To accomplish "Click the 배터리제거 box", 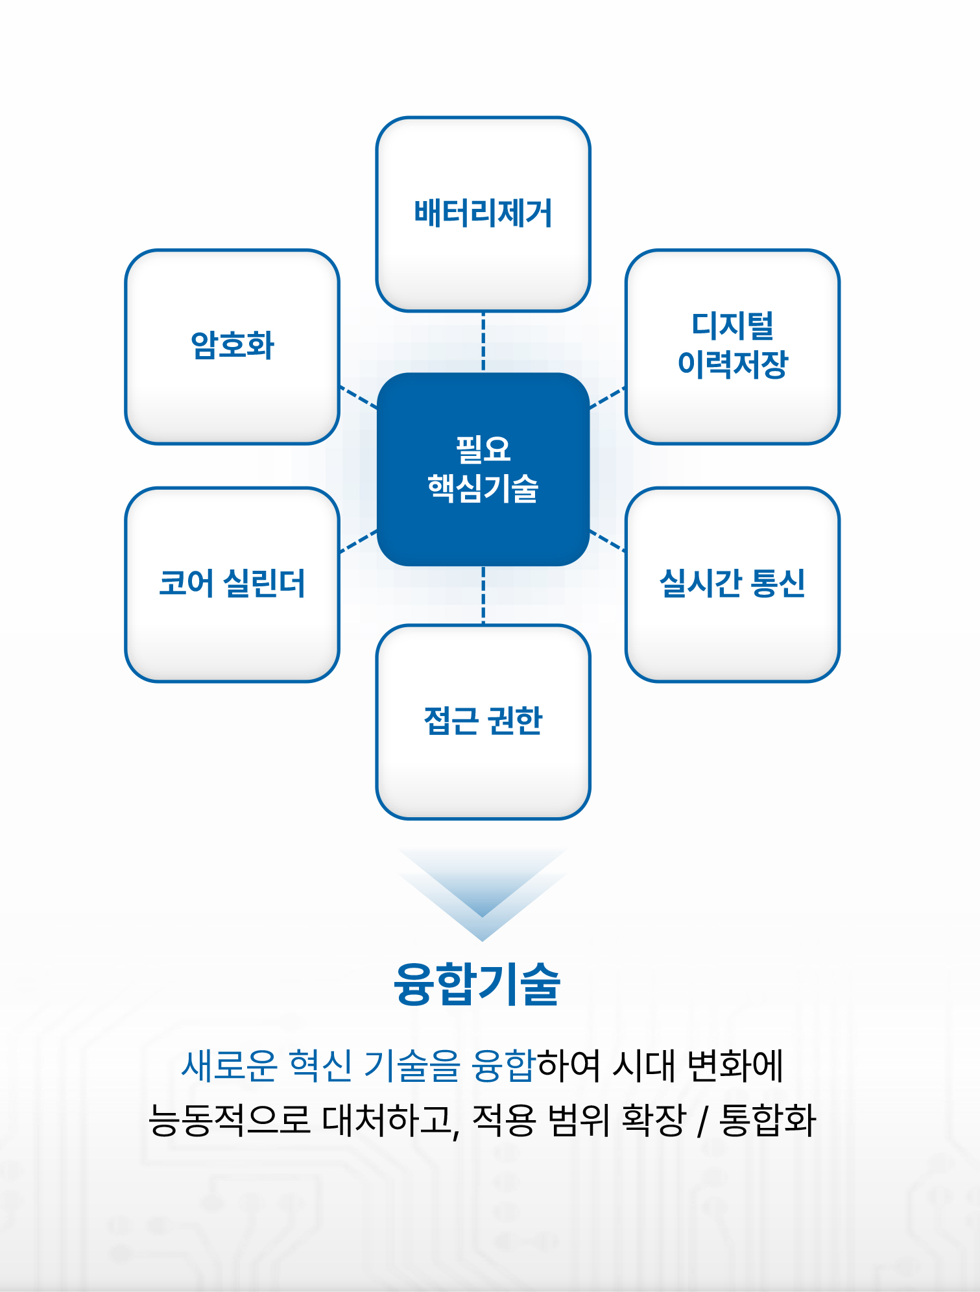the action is pyautogui.click(x=483, y=214).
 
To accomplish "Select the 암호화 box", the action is pyautogui.click(x=232, y=347).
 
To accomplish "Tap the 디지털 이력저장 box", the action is pyautogui.click(x=733, y=347).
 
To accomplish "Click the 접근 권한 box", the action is pyautogui.click(x=483, y=722).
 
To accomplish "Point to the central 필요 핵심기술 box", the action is pyautogui.click(x=483, y=469).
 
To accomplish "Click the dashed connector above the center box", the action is pyautogui.click(x=483, y=342).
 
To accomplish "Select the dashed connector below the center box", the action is pyautogui.click(x=483, y=595).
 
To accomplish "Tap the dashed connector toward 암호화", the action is pyautogui.click(x=358, y=398).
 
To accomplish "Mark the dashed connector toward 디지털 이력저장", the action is pyautogui.click(x=608, y=398).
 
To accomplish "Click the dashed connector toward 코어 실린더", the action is pyautogui.click(x=358, y=541).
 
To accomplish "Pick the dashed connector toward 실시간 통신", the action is pyautogui.click(x=608, y=541).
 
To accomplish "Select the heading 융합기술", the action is pyautogui.click(x=477, y=983).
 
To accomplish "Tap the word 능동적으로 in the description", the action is pyautogui.click(x=230, y=1120).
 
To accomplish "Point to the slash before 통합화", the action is pyautogui.click(x=702, y=1121).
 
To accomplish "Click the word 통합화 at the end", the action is pyautogui.click(x=768, y=1120).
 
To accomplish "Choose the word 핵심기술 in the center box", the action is pyautogui.click(x=483, y=488).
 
